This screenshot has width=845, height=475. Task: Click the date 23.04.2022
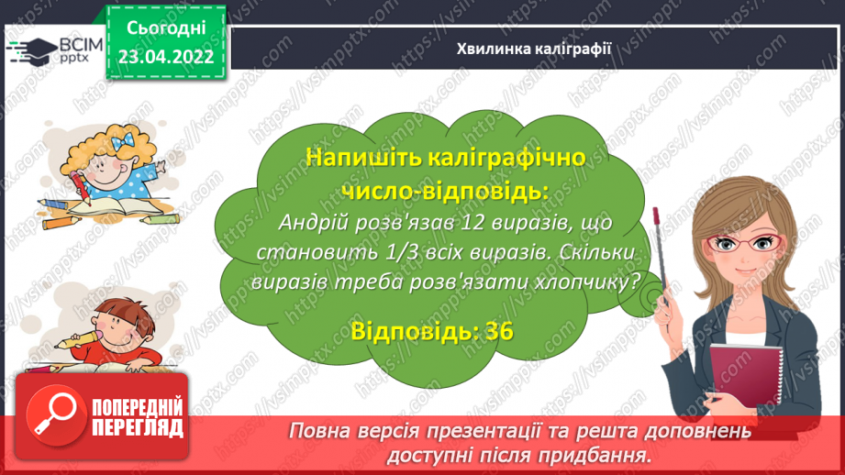[165, 54]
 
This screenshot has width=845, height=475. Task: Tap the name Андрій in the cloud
[310, 223]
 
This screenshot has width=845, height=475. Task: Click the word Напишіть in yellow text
[359, 158]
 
